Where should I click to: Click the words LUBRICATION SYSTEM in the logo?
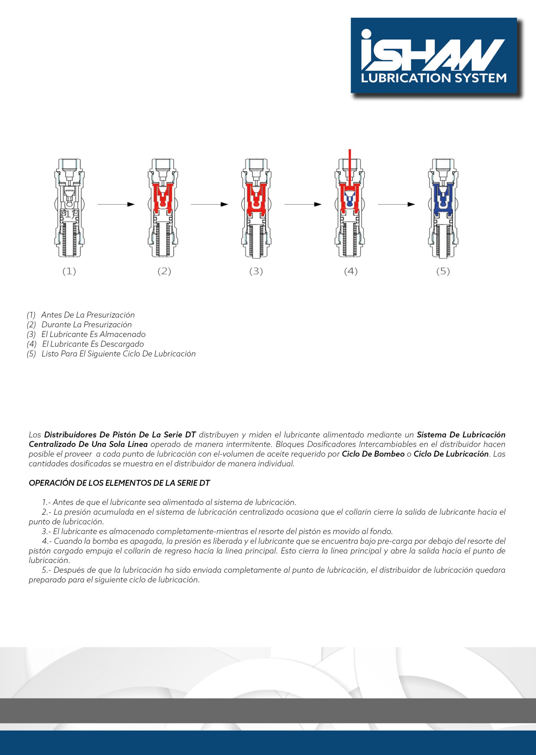(x=434, y=78)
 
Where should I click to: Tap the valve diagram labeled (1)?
(x=70, y=208)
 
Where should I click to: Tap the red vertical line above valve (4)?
(x=350, y=165)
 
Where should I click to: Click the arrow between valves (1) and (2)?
(x=116, y=205)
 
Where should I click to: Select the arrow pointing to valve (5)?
(x=396, y=205)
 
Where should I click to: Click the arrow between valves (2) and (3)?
(x=209, y=205)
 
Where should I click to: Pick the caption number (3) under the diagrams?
(x=256, y=272)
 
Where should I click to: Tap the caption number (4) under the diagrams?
(x=351, y=272)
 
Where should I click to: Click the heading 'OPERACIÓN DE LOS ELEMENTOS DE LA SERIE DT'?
(x=119, y=483)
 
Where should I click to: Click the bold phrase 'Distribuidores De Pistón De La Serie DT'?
(x=120, y=435)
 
